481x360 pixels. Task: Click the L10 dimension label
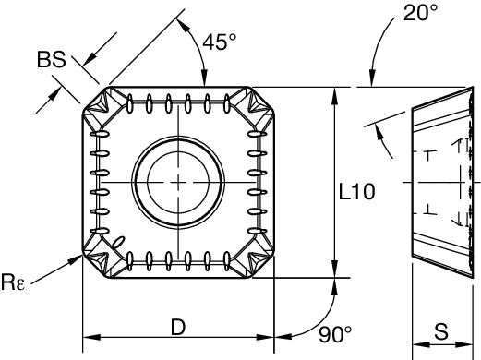[355, 193]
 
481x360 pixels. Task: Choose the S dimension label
[444, 330]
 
